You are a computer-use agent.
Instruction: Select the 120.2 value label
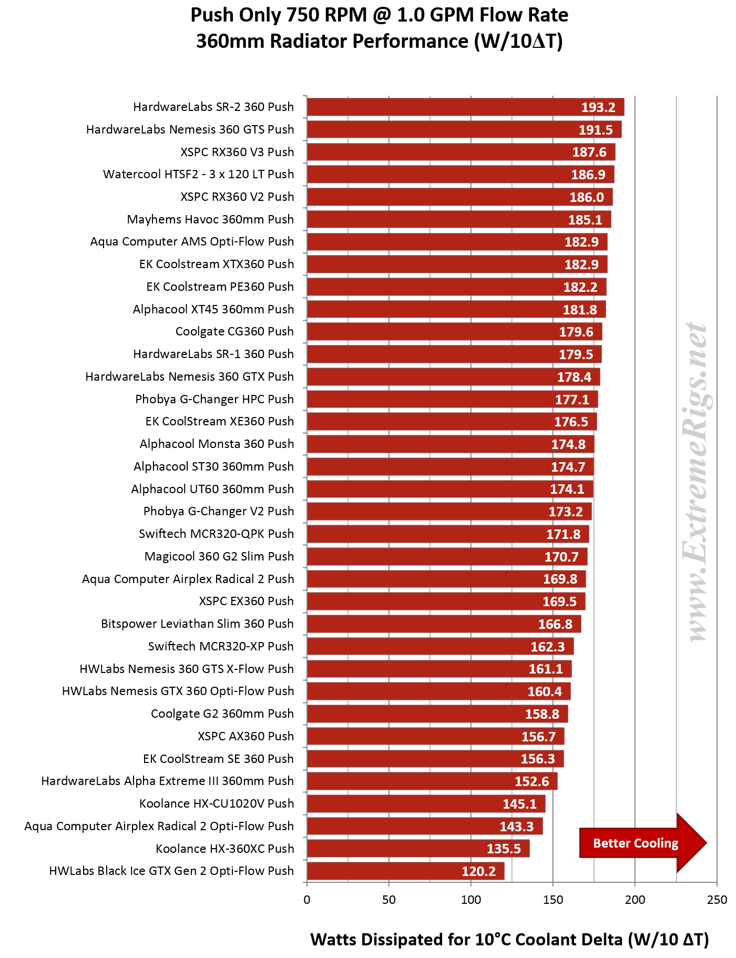coord(478,871)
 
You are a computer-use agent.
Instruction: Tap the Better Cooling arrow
coord(641,843)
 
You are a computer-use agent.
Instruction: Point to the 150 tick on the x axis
coord(553,900)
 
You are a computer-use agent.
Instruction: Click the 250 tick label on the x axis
coord(717,900)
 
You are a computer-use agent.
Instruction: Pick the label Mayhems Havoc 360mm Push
coord(210,219)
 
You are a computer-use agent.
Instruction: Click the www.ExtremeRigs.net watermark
coord(697,481)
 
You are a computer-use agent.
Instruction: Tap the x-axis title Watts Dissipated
coord(509,939)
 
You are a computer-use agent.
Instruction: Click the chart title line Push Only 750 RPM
coord(379,15)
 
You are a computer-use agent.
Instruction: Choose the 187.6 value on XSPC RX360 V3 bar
coord(589,152)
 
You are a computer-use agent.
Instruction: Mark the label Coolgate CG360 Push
coord(234,332)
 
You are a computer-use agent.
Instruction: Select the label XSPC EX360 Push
coord(246,601)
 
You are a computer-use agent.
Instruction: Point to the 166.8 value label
coord(555,624)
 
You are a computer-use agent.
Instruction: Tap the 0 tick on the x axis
coord(307,900)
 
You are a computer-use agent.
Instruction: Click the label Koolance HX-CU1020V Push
coord(217,803)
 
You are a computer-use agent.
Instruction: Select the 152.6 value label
coord(531,781)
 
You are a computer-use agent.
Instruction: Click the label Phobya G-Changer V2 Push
coord(219,511)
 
